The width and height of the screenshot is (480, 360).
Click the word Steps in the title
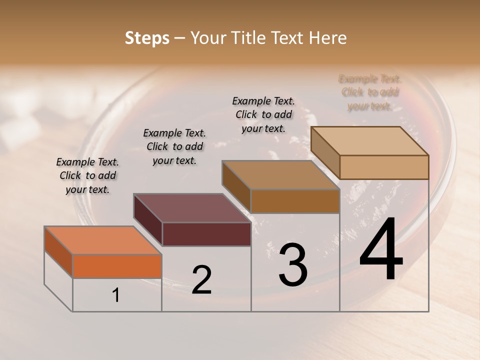click(x=147, y=38)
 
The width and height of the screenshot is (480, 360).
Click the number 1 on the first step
click(x=116, y=295)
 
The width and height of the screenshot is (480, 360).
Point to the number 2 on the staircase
click(x=201, y=280)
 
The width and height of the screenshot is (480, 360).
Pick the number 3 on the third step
click(x=293, y=265)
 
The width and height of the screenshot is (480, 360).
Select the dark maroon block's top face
click(x=192, y=208)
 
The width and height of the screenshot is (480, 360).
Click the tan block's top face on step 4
click(x=370, y=141)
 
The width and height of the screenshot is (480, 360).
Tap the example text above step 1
click(x=87, y=175)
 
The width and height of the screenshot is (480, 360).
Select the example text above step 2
click(x=174, y=146)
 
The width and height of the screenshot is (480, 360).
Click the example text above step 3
click(x=263, y=114)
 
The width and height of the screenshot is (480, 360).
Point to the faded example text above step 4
click(x=370, y=92)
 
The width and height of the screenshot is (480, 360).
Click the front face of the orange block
click(x=117, y=266)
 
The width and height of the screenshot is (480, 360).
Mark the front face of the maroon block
click(x=206, y=234)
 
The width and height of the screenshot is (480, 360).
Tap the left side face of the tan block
click(x=325, y=152)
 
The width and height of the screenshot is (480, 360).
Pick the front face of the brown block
click(x=295, y=201)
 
